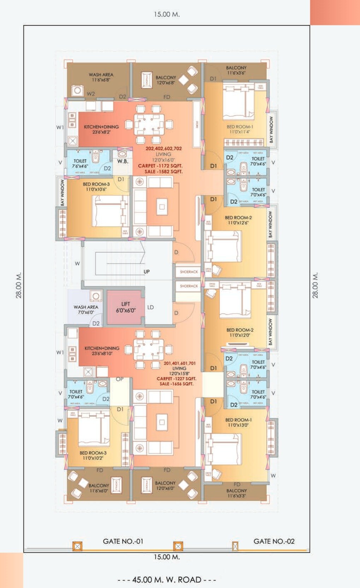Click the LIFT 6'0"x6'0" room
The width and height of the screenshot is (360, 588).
(x=125, y=307)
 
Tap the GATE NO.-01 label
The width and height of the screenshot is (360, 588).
(x=123, y=541)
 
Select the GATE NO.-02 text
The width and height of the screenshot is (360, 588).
(x=274, y=541)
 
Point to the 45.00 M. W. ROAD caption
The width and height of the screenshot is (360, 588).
(x=166, y=580)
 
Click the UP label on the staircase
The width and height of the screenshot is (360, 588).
(x=147, y=272)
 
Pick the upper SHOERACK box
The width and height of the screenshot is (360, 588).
(x=189, y=272)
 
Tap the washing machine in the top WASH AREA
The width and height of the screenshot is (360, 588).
(x=77, y=90)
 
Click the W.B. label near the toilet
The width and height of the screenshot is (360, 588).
(x=123, y=161)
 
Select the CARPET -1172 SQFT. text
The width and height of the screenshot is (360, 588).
(x=160, y=166)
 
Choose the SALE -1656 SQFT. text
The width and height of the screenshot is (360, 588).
(x=176, y=384)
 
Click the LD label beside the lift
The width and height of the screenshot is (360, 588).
(x=151, y=307)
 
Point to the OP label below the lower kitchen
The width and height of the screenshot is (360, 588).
(x=120, y=379)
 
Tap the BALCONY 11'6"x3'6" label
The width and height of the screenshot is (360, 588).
(x=236, y=70)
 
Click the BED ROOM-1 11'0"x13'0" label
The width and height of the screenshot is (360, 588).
(x=238, y=422)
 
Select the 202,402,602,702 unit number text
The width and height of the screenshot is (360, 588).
(x=164, y=149)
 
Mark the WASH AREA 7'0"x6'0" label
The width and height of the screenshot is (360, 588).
(x=86, y=309)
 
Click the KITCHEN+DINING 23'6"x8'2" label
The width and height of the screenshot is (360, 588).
(x=101, y=129)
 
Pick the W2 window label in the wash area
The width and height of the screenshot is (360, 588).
(x=91, y=94)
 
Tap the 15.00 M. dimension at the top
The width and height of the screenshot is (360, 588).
(x=166, y=14)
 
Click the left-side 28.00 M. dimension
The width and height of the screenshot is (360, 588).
(x=19, y=285)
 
